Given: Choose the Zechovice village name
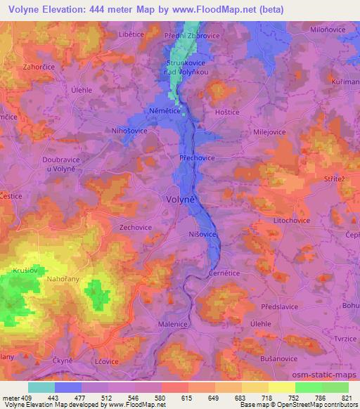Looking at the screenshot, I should coord(136,228).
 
